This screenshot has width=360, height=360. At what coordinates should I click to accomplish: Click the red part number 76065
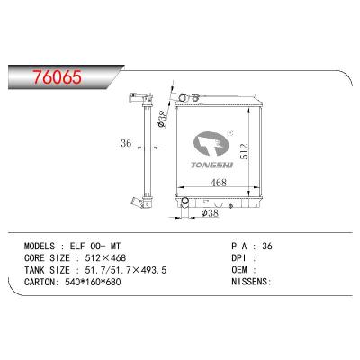[57, 77]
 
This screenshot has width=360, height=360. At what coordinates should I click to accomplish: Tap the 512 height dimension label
[244, 151]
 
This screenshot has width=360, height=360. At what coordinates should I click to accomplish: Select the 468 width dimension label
[219, 182]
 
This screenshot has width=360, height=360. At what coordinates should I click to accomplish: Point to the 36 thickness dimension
[126, 143]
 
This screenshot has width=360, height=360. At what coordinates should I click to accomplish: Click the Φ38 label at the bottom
[210, 213]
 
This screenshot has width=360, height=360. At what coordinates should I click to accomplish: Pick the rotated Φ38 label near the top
[162, 120]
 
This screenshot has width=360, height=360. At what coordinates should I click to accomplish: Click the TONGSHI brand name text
[211, 165]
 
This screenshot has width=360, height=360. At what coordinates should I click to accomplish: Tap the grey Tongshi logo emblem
[211, 143]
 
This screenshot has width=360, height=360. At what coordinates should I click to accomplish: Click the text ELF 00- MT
[95, 247]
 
